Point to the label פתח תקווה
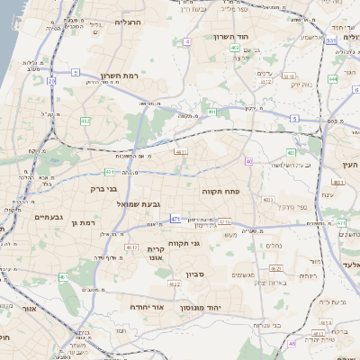(x=256, y=191)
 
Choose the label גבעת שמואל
(x=135, y=204)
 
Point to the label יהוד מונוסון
(x=211, y=308)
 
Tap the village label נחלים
(x=274, y=244)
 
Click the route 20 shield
(x=51, y=81)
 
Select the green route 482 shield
(x=85, y=120)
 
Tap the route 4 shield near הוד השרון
(x=187, y=41)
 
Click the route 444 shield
(x=333, y=79)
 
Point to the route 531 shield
(x=331, y=40)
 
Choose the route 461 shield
(x=64, y=277)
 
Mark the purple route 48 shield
(x=292, y=343)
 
